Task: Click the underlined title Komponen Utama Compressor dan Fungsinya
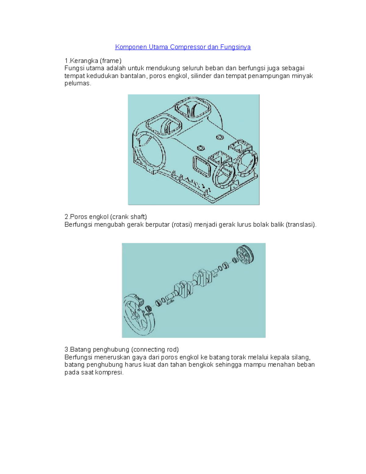coord(183,47)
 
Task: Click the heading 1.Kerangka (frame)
coord(93,61)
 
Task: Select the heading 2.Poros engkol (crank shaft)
coord(106,217)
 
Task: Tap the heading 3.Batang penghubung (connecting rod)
coord(121,349)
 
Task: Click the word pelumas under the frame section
coord(77,83)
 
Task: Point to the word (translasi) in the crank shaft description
coord(301,225)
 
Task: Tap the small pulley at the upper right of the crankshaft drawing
coord(246,254)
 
